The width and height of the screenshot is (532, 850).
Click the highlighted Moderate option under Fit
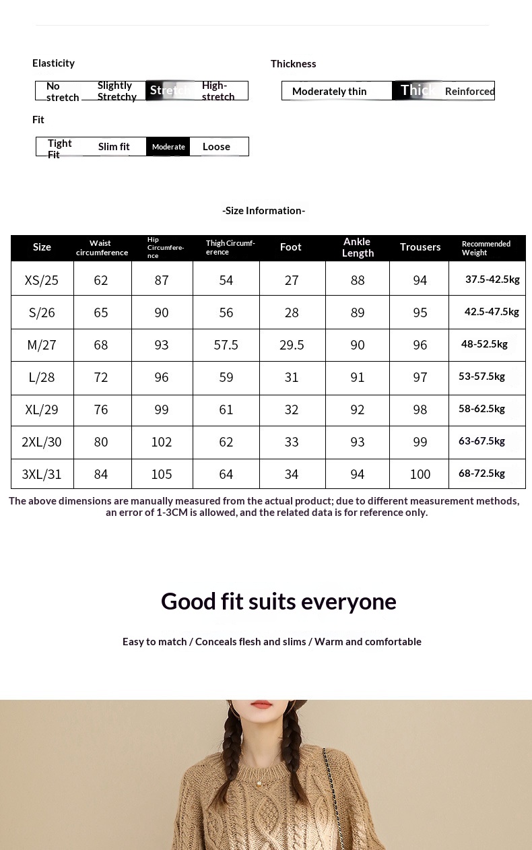coord(168,147)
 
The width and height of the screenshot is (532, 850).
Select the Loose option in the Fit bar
coord(216,147)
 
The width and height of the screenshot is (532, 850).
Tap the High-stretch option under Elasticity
coord(218,91)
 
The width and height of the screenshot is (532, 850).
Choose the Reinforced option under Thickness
coord(469,92)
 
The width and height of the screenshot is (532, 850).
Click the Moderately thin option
coord(329,92)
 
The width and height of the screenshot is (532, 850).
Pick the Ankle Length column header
coord(358,247)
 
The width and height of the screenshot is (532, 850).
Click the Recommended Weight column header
coord(486,248)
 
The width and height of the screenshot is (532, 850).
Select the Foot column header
coord(291,247)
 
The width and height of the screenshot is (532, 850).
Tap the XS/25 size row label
coord(42,280)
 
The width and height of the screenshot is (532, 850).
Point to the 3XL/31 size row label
coord(42,474)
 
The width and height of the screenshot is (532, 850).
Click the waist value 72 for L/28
coord(101,377)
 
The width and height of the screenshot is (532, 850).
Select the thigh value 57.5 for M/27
coord(226,345)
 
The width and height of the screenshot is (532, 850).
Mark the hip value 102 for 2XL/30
coord(162,442)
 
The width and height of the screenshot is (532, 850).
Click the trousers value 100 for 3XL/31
coord(420,474)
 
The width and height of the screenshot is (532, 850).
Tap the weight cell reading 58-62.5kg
coord(482,409)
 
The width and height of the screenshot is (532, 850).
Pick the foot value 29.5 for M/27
coord(292,345)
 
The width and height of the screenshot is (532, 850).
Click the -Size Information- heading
coord(264,211)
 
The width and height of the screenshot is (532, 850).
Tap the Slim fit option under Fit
coord(114,147)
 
